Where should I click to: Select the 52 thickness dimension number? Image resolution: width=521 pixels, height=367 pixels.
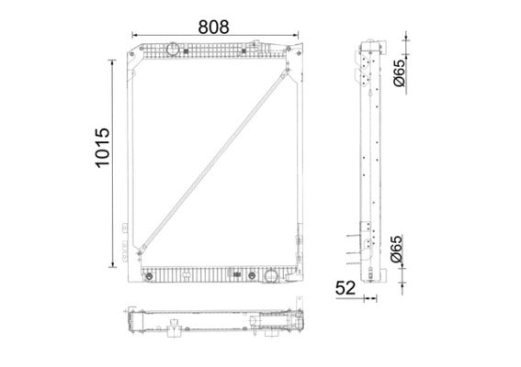[x=345, y=288]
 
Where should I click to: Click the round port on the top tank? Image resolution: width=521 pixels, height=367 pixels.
[x=172, y=48]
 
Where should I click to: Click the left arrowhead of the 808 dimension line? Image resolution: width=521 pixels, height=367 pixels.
[x=135, y=34]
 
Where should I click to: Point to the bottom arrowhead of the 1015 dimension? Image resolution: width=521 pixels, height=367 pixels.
[x=115, y=264]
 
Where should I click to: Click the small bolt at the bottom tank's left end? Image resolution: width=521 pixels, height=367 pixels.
[x=146, y=272]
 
